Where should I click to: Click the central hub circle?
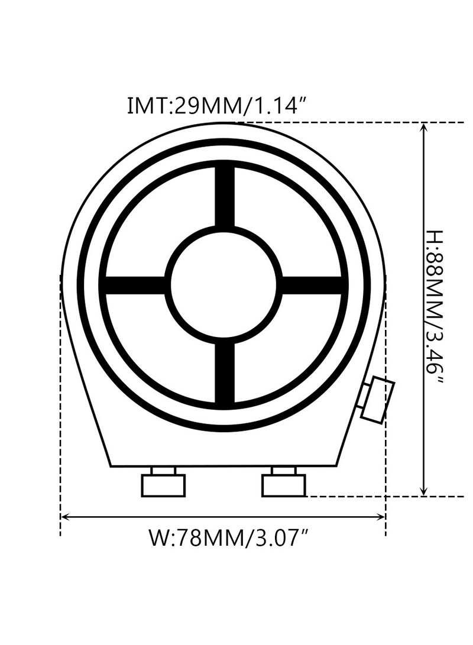pyautogui.click(x=223, y=284)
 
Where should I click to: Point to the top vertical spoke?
pyautogui.click(x=224, y=196)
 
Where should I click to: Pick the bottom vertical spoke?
pyautogui.click(x=224, y=372)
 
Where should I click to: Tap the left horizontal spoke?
pyautogui.click(x=135, y=284)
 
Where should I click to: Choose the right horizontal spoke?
pyautogui.click(x=312, y=284)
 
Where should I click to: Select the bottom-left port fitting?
pyautogui.click(x=163, y=484)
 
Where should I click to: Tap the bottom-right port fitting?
pyautogui.click(x=284, y=484)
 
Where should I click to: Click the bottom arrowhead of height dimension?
pyautogui.click(x=423, y=491)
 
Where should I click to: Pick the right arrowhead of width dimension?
pyautogui.click(x=381, y=517)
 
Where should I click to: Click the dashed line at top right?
pyautogui.click(x=355, y=122)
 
